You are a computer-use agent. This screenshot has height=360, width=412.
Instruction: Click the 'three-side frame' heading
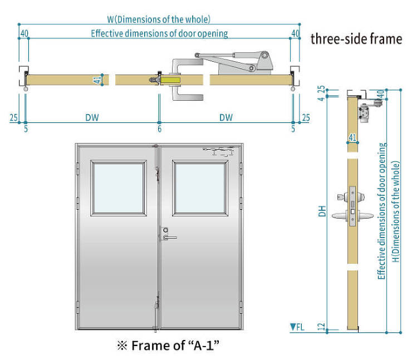[356, 39]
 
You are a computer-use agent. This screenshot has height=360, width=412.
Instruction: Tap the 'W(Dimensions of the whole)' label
[159, 19]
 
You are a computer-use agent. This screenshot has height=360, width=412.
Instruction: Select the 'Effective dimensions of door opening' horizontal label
[159, 33]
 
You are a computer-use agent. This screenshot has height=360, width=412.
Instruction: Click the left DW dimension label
[92, 117]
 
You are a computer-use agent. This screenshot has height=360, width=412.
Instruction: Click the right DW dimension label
[226, 117]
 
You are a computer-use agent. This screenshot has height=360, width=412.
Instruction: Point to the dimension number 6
[159, 129]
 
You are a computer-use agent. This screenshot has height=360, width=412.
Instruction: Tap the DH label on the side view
[322, 211]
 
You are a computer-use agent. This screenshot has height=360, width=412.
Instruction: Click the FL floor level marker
[297, 327]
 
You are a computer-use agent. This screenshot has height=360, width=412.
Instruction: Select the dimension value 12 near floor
[321, 327]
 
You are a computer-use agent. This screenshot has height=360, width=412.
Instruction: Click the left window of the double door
[119, 188]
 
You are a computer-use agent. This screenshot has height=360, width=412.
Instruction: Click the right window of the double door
[200, 188]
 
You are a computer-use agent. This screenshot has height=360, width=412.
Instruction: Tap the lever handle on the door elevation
[169, 238]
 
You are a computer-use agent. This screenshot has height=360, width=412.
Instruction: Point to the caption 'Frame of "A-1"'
[168, 346]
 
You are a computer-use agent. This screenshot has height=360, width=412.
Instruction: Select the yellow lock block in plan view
[170, 80]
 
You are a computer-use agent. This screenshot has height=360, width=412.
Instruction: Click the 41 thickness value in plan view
[97, 80]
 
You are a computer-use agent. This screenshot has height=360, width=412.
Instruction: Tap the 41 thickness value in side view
[352, 137]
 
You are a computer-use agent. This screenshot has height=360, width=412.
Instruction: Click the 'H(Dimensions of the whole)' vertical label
[396, 211]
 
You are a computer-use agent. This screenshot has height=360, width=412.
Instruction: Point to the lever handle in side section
[352, 216]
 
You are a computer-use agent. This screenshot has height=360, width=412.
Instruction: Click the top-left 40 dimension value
[24, 33]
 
